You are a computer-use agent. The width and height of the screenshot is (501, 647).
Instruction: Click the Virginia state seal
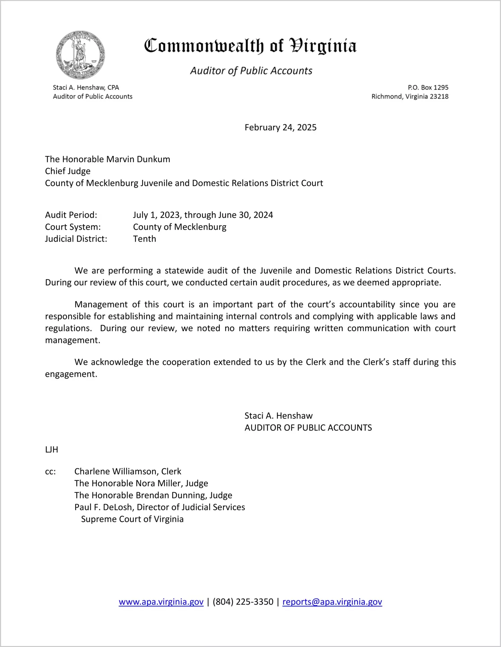pyautogui.click(x=80, y=55)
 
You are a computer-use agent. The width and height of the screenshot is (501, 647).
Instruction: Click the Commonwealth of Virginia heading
pyautogui.click(x=250, y=46)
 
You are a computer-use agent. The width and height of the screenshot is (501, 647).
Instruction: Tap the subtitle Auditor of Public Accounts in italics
pyautogui.click(x=251, y=71)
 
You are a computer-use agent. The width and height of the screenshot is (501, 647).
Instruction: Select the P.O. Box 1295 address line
pyautogui.click(x=428, y=87)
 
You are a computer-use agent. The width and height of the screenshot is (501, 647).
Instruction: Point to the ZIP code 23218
pyautogui.click(x=439, y=96)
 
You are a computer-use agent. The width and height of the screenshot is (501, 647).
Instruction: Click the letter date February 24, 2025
pyautogui.click(x=280, y=127)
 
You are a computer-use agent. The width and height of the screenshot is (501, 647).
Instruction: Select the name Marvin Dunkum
pyautogui.click(x=138, y=159)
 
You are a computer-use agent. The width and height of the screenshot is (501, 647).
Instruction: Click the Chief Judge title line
pyautogui.click(x=68, y=171)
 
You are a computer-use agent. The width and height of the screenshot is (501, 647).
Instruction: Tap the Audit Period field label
pyautogui.click(x=71, y=215)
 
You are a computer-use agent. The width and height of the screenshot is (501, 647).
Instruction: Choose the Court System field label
pyautogui.click(x=73, y=227)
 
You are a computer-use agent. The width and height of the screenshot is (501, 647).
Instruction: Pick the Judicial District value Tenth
pyautogui.click(x=145, y=239)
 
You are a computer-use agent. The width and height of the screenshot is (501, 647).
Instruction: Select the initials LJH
pyautogui.click(x=52, y=450)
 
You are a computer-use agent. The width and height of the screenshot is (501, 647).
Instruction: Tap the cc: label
pyautogui.click(x=50, y=471)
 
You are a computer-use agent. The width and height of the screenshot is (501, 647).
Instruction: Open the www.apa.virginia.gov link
pyautogui.click(x=161, y=602)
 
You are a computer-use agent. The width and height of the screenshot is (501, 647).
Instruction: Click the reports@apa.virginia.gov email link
pyautogui.click(x=332, y=602)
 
